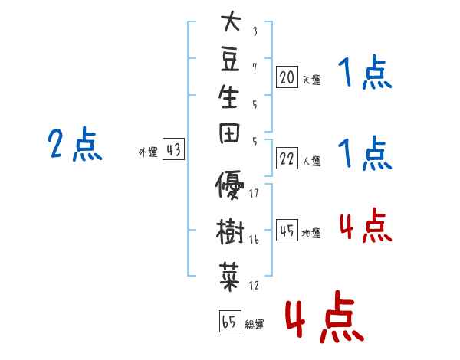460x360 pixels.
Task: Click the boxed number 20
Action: [x=287, y=77]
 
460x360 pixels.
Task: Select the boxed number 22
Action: [x=287, y=159]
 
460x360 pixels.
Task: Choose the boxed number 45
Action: [x=287, y=231]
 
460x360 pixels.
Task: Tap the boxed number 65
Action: [x=229, y=322]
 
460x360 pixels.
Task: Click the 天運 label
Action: [x=312, y=80]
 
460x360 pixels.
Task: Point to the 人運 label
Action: [x=312, y=162]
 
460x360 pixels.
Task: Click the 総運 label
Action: [x=254, y=325]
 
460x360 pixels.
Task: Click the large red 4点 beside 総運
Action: [x=323, y=318]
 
